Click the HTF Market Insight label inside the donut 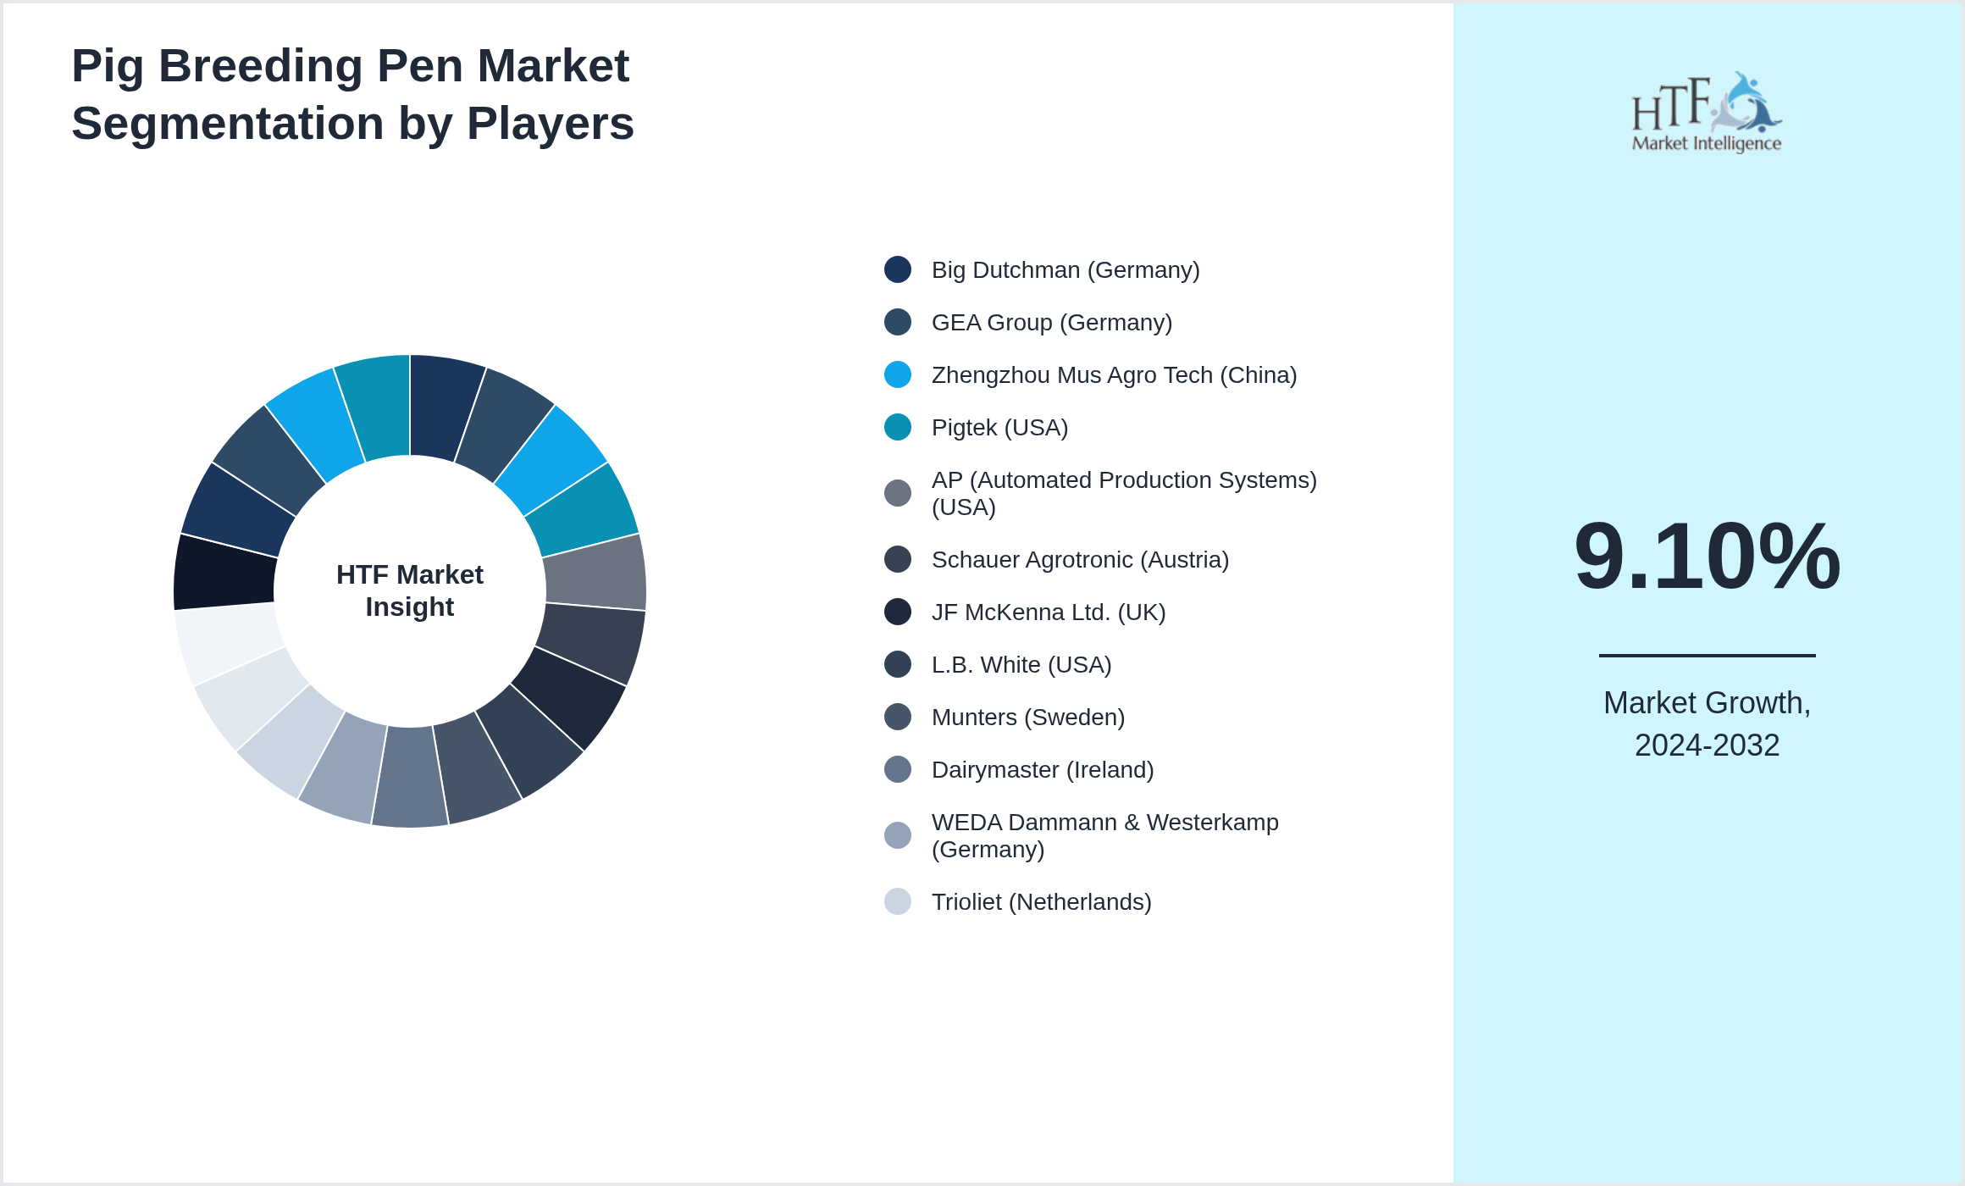(x=410, y=590)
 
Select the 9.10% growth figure (x=1707, y=556)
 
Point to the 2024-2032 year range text (x=1707, y=745)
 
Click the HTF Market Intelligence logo (x=1707, y=112)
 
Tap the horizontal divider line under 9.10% (x=1707, y=655)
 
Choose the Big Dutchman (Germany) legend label (x=1066, y=270)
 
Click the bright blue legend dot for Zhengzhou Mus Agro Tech (x=898, y=374)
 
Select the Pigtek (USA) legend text (x=999, y=428)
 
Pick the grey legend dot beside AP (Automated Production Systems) (x=898, y=493)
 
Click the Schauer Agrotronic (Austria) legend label (x=1080, y=560)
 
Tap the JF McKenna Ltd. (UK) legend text (x=1049, y=612)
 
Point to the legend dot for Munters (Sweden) (x=898, y=717)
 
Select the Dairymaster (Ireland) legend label (x=1043, y=770)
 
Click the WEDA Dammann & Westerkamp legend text (x=1105, y=835)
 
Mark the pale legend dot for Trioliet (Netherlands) (x=898, y=901)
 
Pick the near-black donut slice (x=225, y=573)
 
